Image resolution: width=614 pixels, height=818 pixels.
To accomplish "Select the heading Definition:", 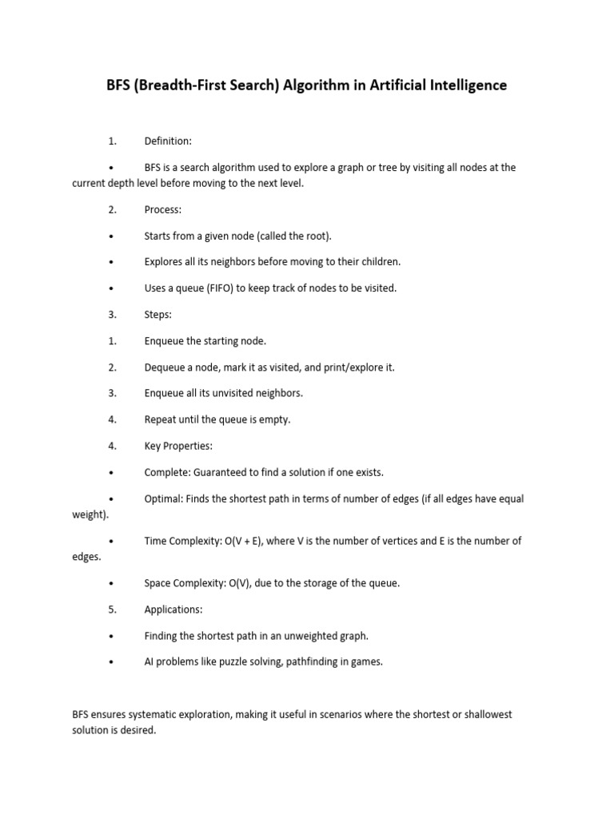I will pyautogui.click(x=168, y=141).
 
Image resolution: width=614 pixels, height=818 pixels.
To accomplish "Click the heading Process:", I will pyautogui.click(x=163, y=209).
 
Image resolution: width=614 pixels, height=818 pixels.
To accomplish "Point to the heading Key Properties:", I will pyautogui.click(x=178, y=446).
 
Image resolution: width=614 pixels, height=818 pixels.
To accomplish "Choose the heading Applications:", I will pyautogui.click(x=173, y=610).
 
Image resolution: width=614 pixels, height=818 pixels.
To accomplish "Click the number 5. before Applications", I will pyautogui.click(x=113, y=610).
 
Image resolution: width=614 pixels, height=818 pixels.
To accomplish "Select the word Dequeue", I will pyautogui.click(x=165, y=367).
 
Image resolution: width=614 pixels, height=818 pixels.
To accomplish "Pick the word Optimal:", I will pyautogui.click(x=164, y=499).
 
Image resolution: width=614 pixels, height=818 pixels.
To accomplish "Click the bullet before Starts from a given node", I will pyautogui.click(x=111, y=236).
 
